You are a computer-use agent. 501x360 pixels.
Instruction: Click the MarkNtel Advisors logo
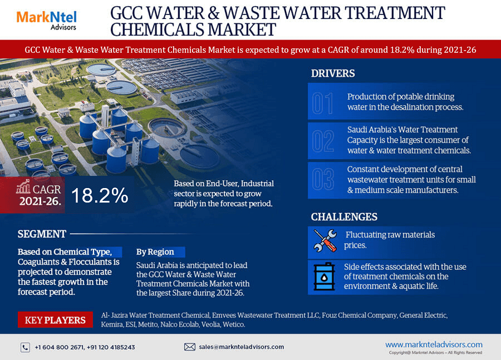point(46,19)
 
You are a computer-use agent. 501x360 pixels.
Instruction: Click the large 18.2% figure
point(100,195)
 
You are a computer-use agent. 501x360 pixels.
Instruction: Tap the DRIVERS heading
point(333,73)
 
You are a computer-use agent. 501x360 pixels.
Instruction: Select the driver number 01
point(322,103)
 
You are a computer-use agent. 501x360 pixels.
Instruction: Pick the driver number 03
point(323,179)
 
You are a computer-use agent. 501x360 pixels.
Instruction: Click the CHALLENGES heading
point(344,217)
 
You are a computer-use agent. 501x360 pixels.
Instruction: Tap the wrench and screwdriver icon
point(325,240)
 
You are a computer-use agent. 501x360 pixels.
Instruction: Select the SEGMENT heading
point(42,234)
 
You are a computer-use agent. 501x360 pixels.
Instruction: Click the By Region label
point(155,251)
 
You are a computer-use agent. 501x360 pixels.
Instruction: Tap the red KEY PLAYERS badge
point(55,320)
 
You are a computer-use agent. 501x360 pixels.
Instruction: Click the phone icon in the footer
point(25,347)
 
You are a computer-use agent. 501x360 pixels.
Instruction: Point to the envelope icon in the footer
point(189,347)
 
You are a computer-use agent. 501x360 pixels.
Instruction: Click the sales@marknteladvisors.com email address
point(242,347)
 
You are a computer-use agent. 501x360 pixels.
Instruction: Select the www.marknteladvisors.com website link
point(434,344)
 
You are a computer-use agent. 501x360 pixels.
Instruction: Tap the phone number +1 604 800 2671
point(58,347)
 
